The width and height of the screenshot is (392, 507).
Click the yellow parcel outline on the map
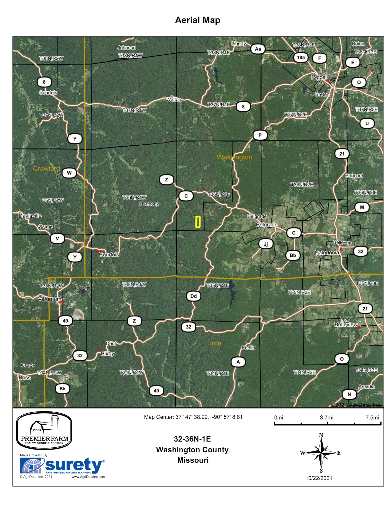[x=198, y=222]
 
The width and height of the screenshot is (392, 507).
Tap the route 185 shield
[x=301, y=57]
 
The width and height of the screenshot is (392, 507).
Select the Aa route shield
[x=258, y=49]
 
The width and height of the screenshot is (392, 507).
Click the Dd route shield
[x=193, y=296]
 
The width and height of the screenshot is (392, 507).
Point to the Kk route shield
[x=62, y=389]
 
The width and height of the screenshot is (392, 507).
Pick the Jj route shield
[x=266, y=244]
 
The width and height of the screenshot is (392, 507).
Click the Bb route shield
[x=293, y=255]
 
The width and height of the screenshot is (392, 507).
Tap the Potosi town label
[x=319, y=77]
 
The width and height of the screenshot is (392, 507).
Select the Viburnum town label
[x=49, y=299]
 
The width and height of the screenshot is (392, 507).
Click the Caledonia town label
[x=327, y=253]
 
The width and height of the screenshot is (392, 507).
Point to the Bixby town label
[x=108, y=354]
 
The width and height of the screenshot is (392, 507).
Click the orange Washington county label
[x=234, y=157]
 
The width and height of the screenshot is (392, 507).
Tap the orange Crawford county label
[x=46, y=168]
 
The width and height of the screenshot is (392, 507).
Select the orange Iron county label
[x=216, y=343]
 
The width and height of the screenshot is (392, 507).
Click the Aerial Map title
[x=197, y=20]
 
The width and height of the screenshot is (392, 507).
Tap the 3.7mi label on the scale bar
[x=327, y=418]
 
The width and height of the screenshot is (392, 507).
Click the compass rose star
[x=321, y=453]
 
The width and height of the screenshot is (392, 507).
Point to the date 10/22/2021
[x=319, y=478]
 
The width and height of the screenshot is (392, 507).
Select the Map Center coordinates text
[x=193, y=417]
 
